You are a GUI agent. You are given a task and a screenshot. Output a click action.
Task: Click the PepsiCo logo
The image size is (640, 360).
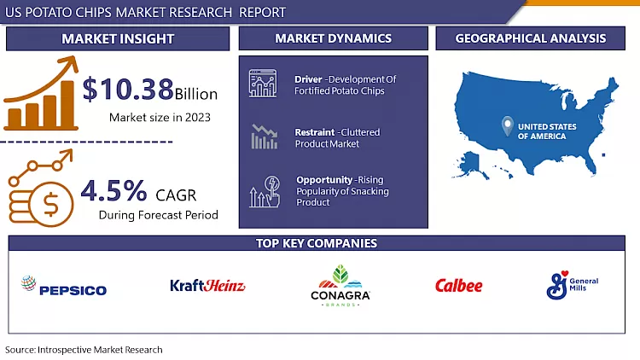64,287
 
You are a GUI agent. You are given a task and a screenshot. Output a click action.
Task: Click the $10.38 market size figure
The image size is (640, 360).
129,90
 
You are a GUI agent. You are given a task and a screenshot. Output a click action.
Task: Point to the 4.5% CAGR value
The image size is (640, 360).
114,188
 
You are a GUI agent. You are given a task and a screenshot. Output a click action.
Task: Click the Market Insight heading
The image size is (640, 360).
118,38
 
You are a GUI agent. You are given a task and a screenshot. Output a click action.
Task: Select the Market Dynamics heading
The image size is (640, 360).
333,38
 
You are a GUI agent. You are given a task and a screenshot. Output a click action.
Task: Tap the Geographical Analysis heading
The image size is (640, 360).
531,38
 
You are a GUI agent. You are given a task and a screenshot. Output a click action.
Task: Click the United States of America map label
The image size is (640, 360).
547,131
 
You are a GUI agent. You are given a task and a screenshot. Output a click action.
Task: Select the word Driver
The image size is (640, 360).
308,79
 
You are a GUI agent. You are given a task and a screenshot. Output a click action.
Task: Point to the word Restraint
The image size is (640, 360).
314,132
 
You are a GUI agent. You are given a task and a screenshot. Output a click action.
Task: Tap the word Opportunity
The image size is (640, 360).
323,180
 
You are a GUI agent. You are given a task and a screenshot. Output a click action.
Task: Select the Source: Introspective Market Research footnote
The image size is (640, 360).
84,350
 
